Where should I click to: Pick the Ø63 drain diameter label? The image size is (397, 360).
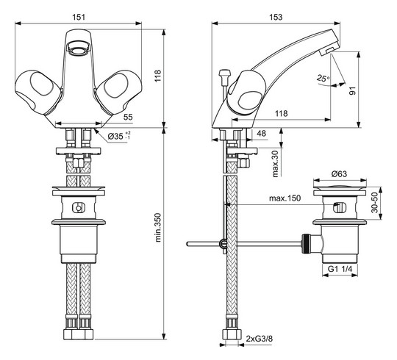[339, 173]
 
